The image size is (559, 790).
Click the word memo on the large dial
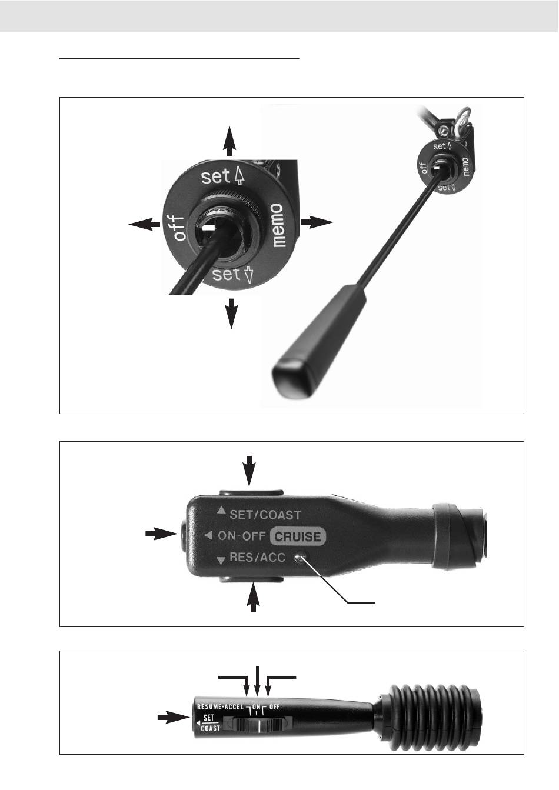tap(278, 225)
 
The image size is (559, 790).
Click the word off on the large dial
tap(179, 228)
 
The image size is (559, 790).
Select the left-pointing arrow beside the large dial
tap(144, 224)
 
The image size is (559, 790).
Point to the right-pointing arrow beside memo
tap(317, 222)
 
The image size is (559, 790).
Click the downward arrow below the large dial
tap(231, 314)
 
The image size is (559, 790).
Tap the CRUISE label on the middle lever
tap(298, 536)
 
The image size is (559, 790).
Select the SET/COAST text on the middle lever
tap(265, 515)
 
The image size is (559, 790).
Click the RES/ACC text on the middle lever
tap(258, 557)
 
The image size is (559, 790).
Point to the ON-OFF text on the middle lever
tap(242, 536)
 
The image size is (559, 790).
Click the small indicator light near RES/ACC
tap(301, 558)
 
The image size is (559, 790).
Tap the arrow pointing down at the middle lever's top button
tap(249, 471)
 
